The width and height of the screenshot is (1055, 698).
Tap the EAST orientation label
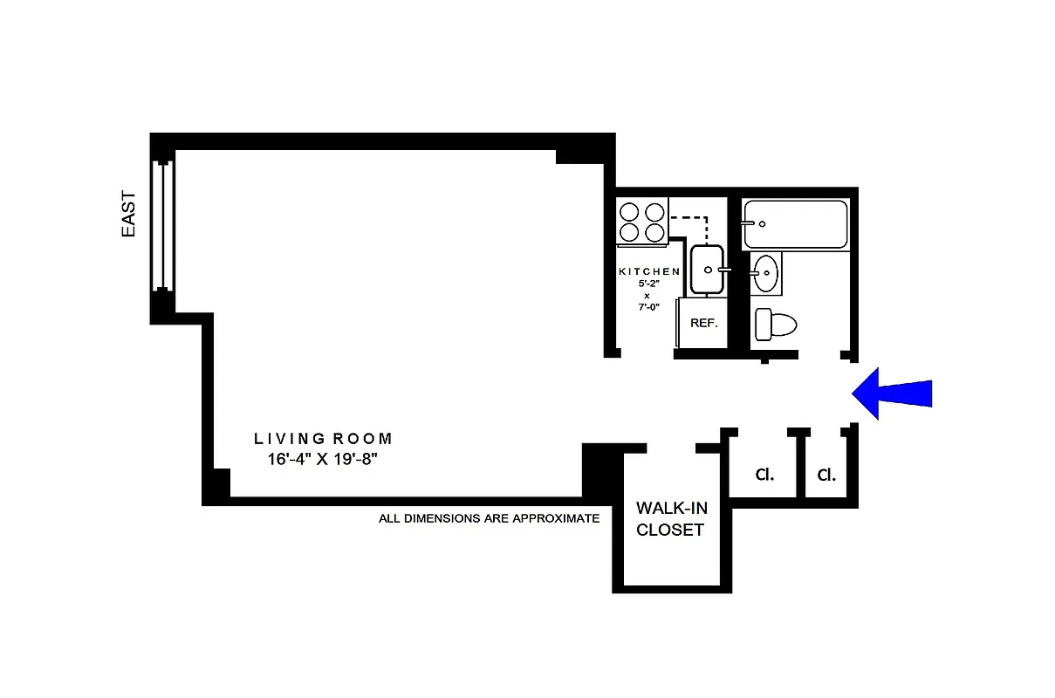128,214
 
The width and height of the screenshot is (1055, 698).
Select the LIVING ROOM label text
323,439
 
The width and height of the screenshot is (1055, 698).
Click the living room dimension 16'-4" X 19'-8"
323,460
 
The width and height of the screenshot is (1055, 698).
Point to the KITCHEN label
648,271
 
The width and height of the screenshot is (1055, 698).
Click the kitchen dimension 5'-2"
647,284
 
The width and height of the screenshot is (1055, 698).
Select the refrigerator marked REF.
703,323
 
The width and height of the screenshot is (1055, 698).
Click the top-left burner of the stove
628,212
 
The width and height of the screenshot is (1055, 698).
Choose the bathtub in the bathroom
794,224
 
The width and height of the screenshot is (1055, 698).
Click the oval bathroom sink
765,274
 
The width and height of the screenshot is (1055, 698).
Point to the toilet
775,325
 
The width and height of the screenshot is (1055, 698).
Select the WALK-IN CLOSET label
670,518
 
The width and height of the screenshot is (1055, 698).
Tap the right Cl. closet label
826,476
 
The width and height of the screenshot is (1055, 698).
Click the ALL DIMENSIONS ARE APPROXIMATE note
489,518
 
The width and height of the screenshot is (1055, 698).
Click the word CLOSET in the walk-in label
670,530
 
